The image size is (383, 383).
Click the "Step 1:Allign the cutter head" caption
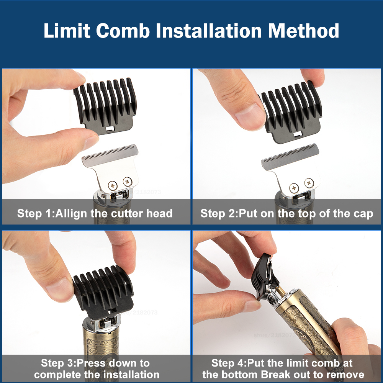click(x=95, y=213)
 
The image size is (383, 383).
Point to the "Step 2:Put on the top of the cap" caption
click(x=286, y=213)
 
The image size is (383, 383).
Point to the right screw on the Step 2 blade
click(x=308, y=183)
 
